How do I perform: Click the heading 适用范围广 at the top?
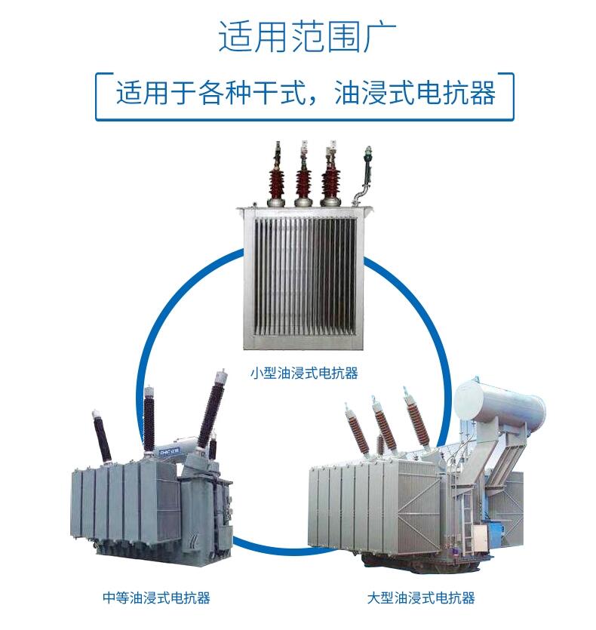(x=297, y=35)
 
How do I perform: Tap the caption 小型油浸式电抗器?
(x=304, y=372)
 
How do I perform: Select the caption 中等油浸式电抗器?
(x=156, y=598)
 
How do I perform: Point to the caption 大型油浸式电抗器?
(x=421, y=598)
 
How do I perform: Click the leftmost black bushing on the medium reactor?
(x=101, y=436)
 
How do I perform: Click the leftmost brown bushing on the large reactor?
(x=358, y=430)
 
